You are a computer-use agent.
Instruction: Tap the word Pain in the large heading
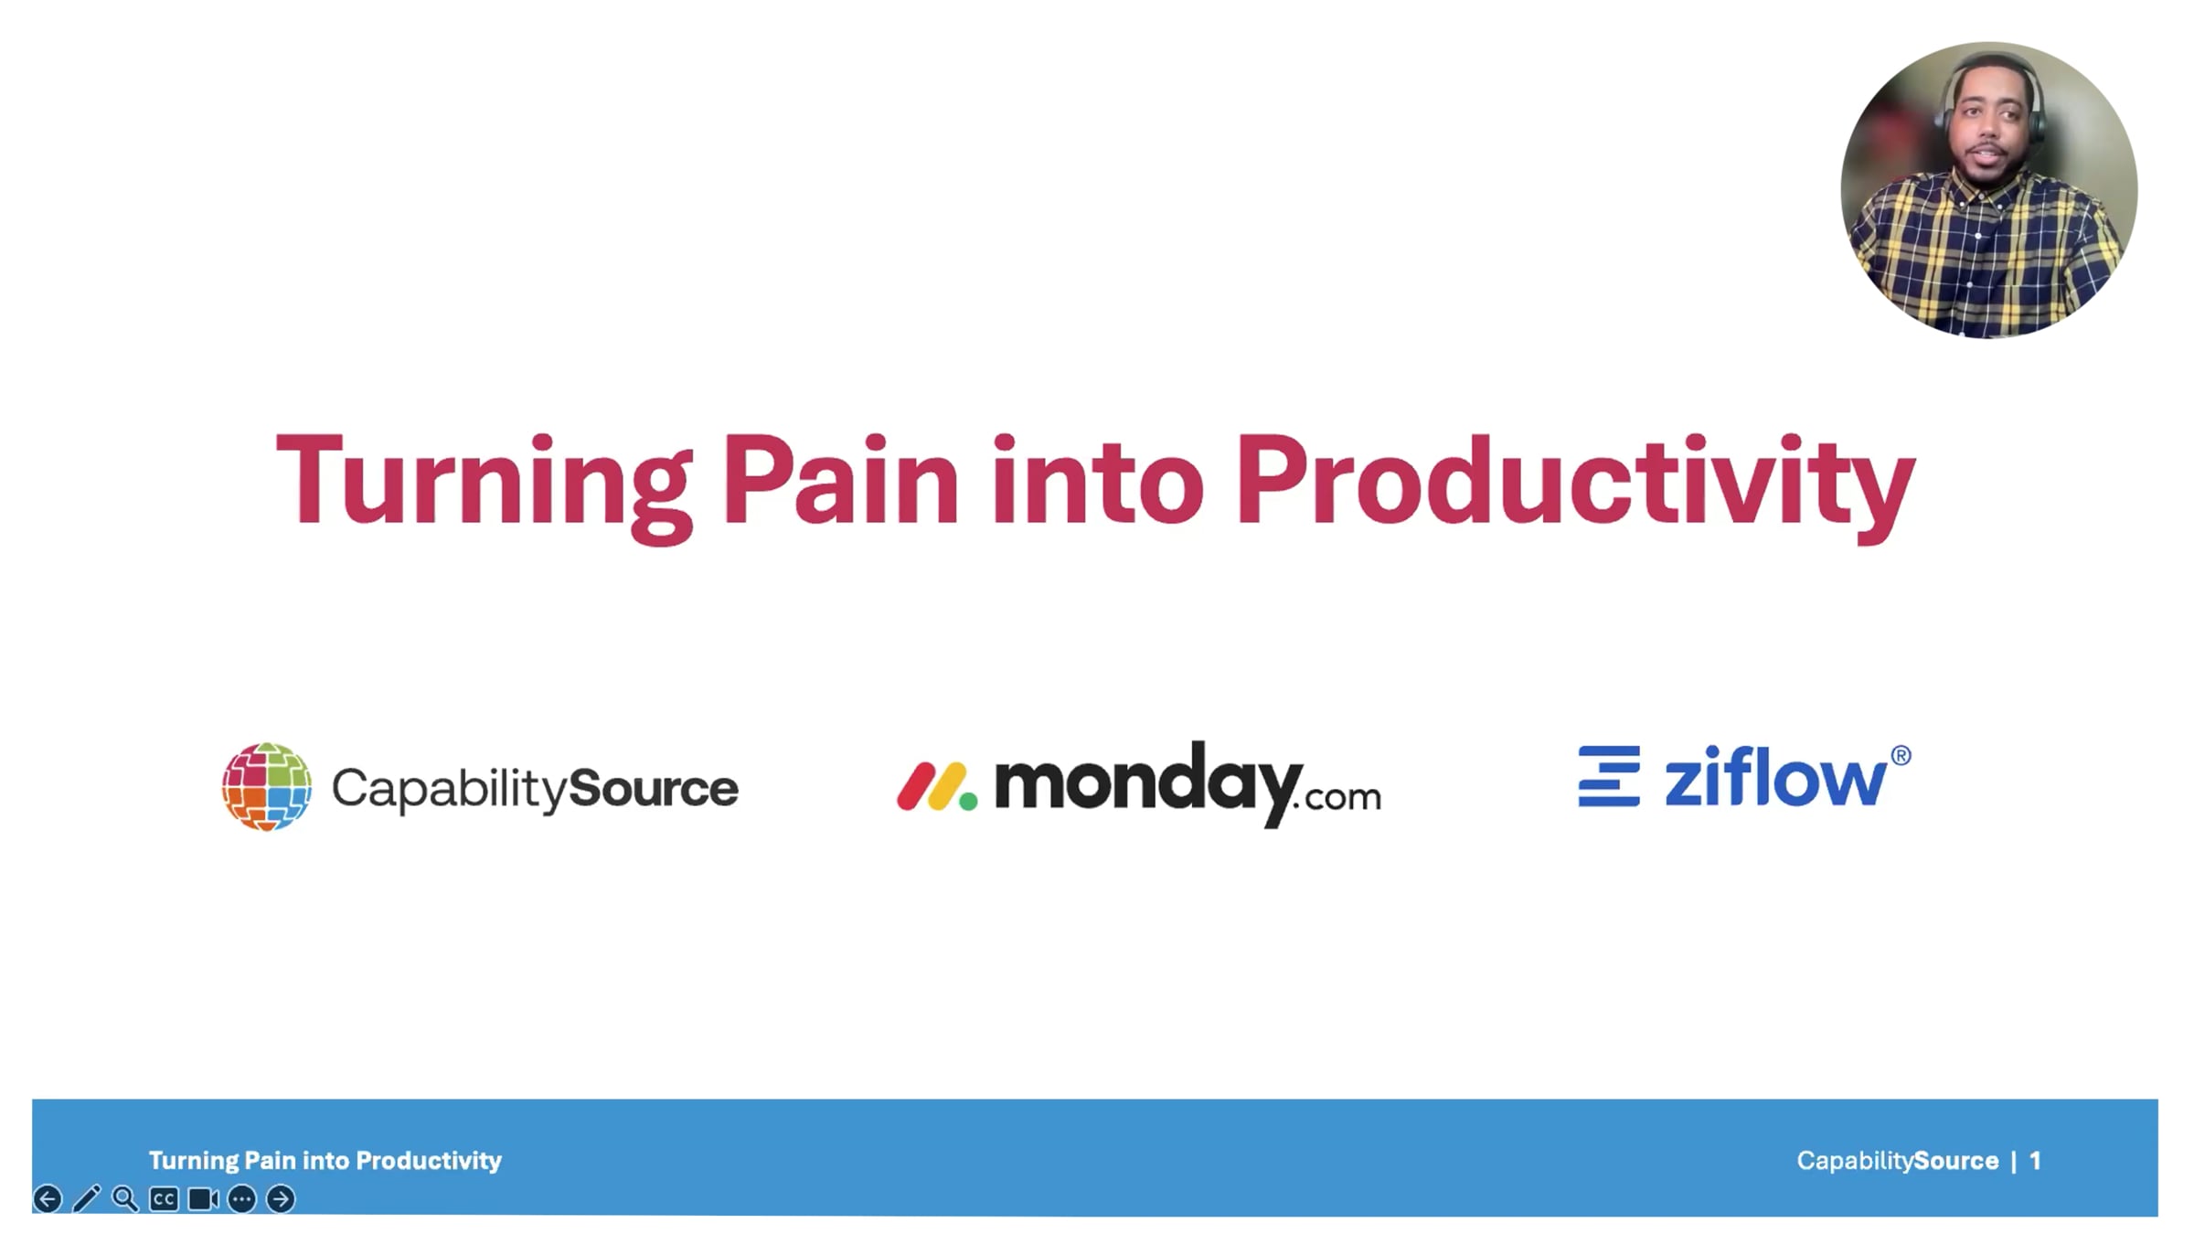coord(841,480)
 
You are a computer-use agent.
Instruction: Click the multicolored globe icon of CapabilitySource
coord(267,787)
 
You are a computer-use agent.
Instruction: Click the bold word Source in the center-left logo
coord(654,788)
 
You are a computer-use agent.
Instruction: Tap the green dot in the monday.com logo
coord(968,802)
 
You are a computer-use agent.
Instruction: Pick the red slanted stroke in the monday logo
coord(915,786)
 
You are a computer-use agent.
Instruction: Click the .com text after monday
coord(1340,797)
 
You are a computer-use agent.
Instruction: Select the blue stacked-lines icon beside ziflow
coord(1609,776)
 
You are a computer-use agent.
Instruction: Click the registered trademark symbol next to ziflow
coord(1901,756)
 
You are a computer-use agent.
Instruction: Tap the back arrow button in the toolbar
coord(48,1198)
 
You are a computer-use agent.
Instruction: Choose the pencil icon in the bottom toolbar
coord(87,1198)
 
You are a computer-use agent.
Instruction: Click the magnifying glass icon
coord(125,1198)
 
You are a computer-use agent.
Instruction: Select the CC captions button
coord(165,1198)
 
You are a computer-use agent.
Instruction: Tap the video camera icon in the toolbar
coord(203,1198)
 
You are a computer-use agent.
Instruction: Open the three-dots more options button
coord(242,1198)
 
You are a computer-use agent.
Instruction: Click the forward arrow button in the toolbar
coord(281,1198)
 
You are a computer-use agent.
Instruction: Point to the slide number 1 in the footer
coord(2035,1160)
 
